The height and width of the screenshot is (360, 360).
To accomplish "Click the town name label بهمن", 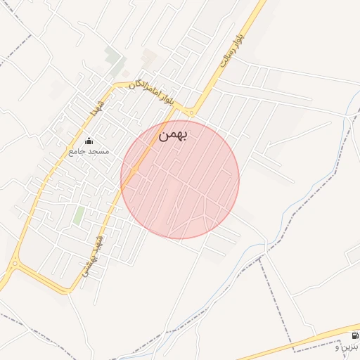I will point(172,134).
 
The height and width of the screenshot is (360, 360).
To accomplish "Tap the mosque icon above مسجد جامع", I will point(88,141).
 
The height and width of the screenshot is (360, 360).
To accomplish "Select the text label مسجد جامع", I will point(86,150).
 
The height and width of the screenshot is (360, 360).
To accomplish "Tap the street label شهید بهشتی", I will point(96,253).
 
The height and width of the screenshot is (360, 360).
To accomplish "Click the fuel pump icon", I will point(354,335).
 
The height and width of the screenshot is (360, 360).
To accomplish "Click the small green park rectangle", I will point(79,215).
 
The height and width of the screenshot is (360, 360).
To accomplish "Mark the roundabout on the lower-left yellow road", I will point(13,264).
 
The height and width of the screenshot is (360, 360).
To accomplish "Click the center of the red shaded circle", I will point(180,180).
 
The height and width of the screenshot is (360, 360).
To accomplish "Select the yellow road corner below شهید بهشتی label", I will point(70,289).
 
